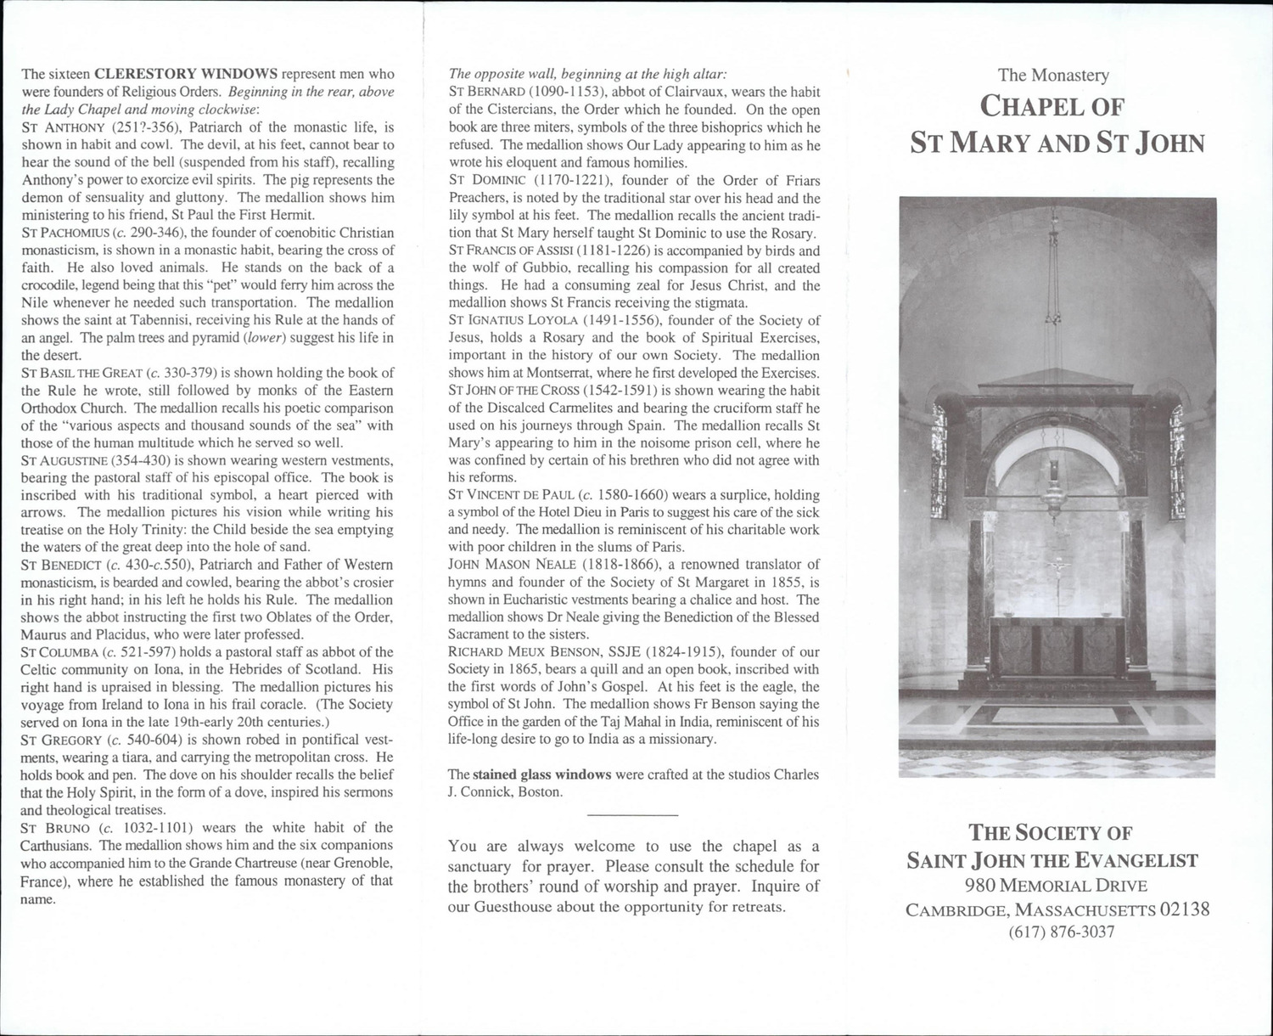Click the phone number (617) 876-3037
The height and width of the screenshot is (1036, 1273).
(x=1061, y=932)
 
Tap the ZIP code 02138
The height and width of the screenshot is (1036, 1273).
(x=1185, y=909)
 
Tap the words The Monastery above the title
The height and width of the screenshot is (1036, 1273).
(x=1053, y=76)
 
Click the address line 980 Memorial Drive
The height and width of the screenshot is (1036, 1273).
(x=1057, y=886)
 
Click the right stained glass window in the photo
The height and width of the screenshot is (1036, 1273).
(x=1177, y=461)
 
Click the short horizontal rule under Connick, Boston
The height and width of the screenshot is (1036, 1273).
(x=632, y=816)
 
